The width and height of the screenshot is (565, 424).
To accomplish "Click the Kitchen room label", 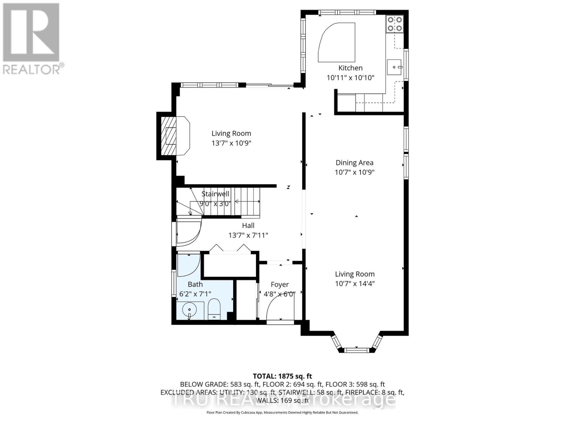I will pyautogui.click(x=350, y=68).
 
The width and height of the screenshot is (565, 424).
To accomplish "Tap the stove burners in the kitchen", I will pyautogui.click(x=395, y=24).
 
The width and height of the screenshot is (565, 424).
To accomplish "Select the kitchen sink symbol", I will pyautogui.click(x=394, y=67).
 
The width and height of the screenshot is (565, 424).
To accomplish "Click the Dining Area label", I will pyautogui.click(x=354, y=163).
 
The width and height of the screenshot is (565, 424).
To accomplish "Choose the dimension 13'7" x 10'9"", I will pyautogui.click(x=231, y=143).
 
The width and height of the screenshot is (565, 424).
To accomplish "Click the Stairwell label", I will pyautogui.click(x=215, y=194).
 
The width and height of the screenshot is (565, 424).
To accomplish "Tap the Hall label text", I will pyautogui.click(x=248, y=225).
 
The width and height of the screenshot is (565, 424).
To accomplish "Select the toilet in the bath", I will pyautogui.click(x=214, y=309).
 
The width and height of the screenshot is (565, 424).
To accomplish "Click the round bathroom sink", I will pyautogui.click(x=189, y=311).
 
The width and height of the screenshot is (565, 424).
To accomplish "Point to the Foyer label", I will pyautogui.click(x=280, y=284).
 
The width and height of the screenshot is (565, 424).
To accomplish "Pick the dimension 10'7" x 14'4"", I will pyautogui.click(x=355, y=283).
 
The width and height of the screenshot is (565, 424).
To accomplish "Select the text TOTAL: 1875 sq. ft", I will pyautogui.click(x=282, y=376).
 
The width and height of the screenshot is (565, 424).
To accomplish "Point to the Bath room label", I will pyautogui.click(x=195, y=284).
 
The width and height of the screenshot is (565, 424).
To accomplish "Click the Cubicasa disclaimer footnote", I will pyautogui.click(x=282, y=412).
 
